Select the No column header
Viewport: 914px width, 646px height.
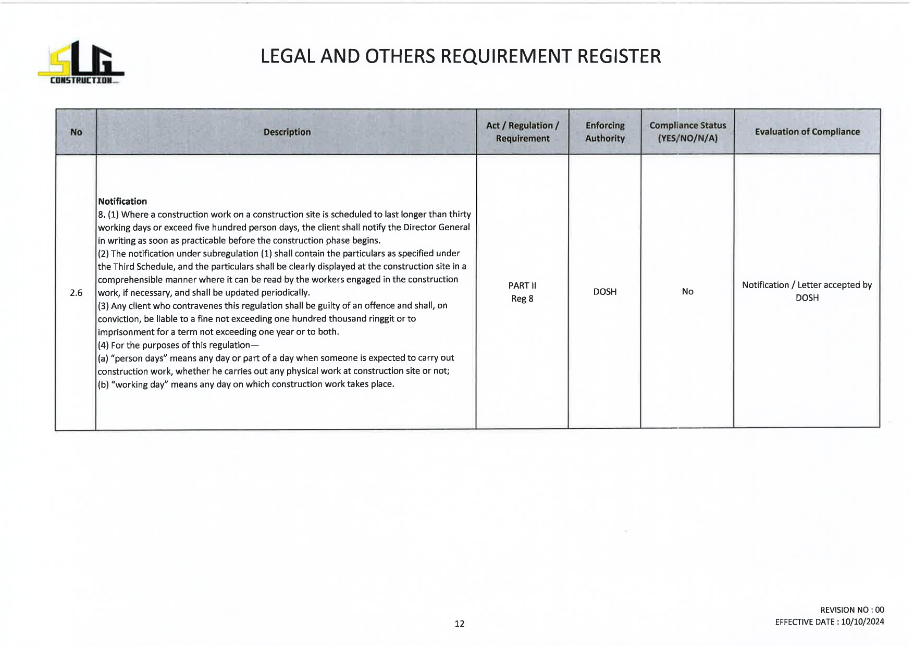tap(76, 132)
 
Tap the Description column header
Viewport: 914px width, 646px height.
tap(287, 132)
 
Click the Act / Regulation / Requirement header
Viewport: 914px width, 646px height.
tap(522, 132)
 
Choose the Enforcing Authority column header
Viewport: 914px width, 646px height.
tap(604, 132)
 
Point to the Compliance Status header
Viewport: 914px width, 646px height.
tap(687, 132)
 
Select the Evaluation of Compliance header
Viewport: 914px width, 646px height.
tap(807, 132)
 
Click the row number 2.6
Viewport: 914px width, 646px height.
tap(76, 293)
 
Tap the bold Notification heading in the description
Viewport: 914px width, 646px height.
tap(122, 201)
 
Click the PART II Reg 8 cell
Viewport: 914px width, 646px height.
tap(522, 292)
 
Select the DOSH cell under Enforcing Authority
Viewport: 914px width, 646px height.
tap(604, 292)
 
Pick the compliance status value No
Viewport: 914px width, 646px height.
tap(687, 292)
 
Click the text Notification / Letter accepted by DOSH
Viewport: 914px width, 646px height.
tap(807, 291)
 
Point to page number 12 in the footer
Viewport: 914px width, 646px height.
tap(459, 624)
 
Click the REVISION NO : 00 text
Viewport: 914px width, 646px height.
tap(852, 610)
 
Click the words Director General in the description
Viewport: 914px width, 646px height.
tap(436, 228)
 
